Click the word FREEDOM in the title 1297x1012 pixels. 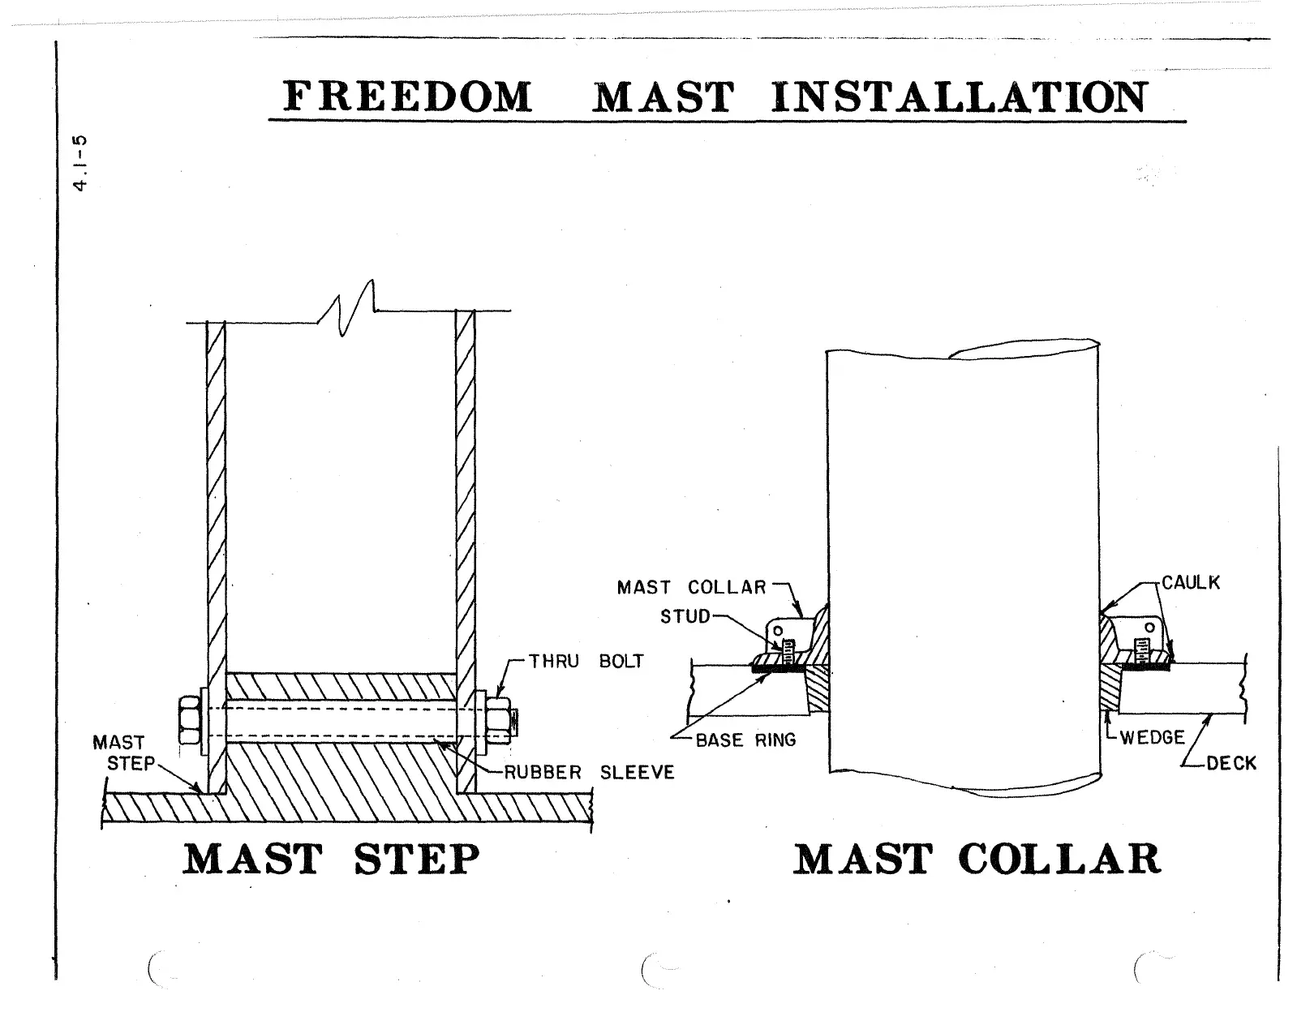point(408,97)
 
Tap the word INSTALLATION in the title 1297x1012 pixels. point(959,97)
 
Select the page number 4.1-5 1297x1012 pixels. point(79,162)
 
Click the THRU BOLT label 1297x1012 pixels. point(586,661)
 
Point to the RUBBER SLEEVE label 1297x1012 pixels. point(589,772)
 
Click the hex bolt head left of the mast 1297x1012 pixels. point(190,718)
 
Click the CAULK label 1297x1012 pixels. point(1190,583)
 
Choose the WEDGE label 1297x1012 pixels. point(1152,738)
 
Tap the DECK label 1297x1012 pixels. point(1230,763)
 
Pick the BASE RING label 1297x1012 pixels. point(745,740)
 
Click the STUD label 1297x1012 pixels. point(685,616)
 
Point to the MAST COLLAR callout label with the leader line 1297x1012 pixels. point(691,587)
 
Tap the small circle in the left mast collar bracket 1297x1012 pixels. point(777,629)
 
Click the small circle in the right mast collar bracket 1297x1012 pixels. point(1149,626)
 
